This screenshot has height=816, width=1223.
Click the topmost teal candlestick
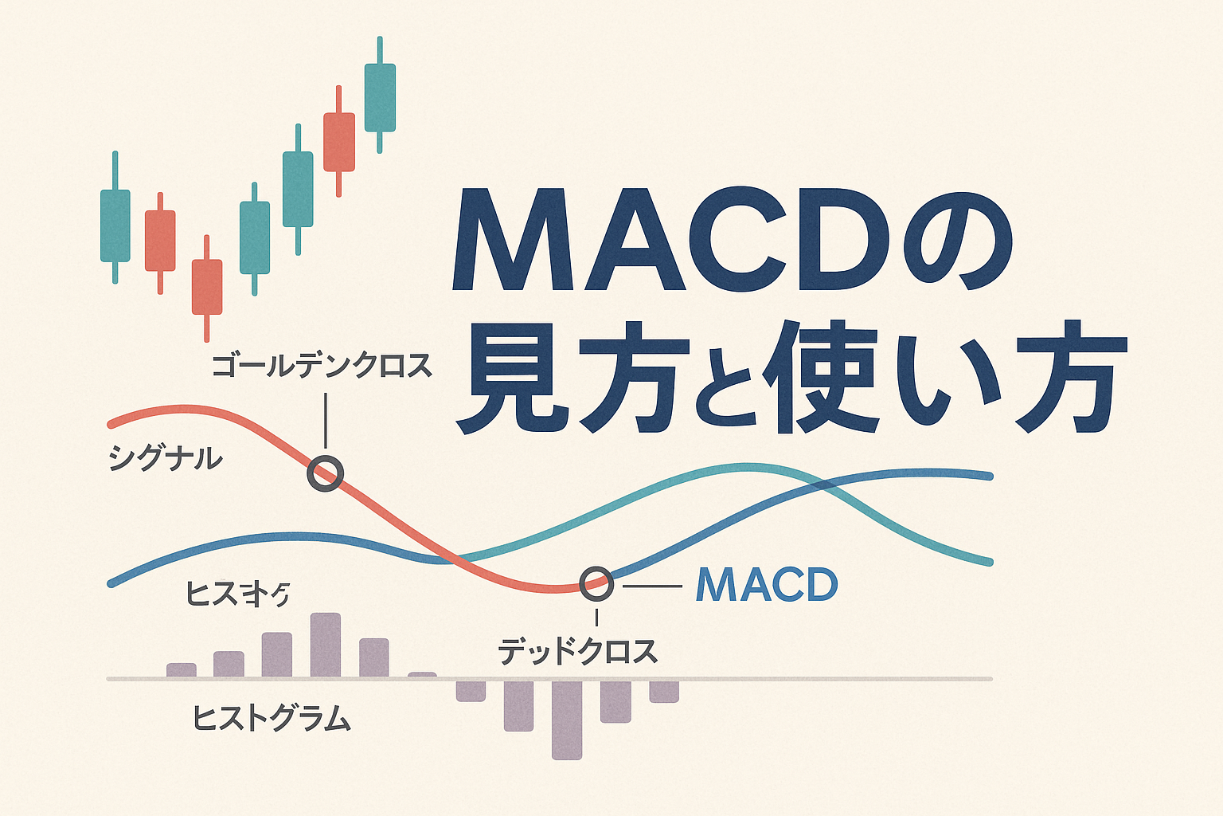(380, 98)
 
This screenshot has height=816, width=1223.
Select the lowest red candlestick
(207, 286)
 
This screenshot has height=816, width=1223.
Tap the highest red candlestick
(338, 142)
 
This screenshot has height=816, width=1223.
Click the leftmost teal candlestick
(115, 225)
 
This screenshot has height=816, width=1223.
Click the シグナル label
(165, 459)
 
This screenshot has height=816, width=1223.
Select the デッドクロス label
(578, 652)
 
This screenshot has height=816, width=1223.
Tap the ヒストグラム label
(272, 719)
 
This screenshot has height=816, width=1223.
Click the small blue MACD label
(766, 586)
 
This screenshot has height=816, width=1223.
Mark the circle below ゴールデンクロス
(325, 474)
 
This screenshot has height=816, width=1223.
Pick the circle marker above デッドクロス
(596, 584)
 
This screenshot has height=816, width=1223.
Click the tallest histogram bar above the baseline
(325, 645)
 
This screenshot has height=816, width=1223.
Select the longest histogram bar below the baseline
(567, 719)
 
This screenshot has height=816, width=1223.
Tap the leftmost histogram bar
(182, 670)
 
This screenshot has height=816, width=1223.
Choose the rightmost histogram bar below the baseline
(664, 691)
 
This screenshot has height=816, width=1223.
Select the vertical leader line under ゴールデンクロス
(325, 420)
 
